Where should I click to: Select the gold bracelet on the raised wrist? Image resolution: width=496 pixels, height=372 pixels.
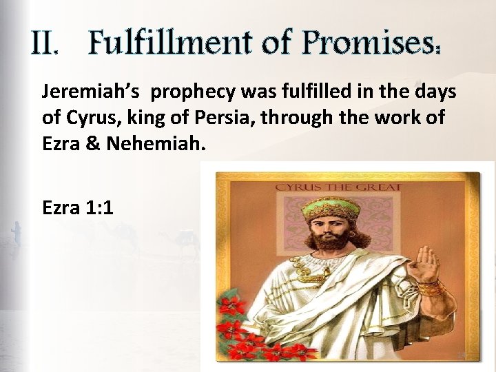tap(431, 288)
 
